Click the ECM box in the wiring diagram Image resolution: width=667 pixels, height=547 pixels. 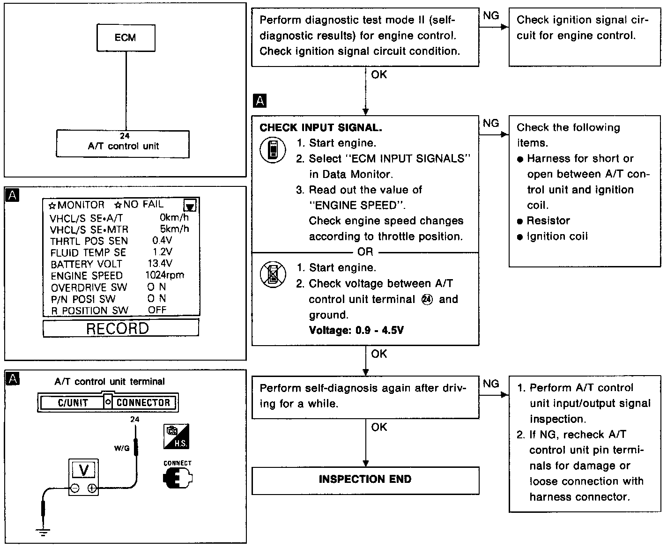coord(126,37)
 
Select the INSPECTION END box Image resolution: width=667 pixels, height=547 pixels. coord(365,480)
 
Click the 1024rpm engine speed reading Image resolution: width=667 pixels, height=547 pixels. coord(164,275)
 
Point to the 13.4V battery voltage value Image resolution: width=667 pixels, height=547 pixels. coord(160,264)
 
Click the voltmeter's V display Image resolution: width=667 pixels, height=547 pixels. coord(83,470)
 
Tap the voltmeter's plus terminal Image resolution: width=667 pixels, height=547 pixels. coord(92,488)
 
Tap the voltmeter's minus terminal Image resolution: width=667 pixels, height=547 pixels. coord(74,488)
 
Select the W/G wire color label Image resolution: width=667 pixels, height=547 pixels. coord(122,448)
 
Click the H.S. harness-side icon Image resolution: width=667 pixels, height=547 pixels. coord(176,436)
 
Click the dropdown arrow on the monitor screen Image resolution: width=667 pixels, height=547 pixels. coord(190,206)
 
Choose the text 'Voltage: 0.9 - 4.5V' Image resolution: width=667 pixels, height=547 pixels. coord(356,330)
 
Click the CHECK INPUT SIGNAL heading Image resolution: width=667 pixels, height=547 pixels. coord(320,127)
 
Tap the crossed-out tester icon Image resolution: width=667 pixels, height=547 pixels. coord(273,274)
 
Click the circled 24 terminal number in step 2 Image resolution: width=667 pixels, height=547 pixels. coord(427,299)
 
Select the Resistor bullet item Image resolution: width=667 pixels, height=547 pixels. coord(548,221)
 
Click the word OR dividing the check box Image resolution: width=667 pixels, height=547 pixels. coord(365,252)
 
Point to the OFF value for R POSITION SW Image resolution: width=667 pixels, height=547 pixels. coord(157,310)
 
